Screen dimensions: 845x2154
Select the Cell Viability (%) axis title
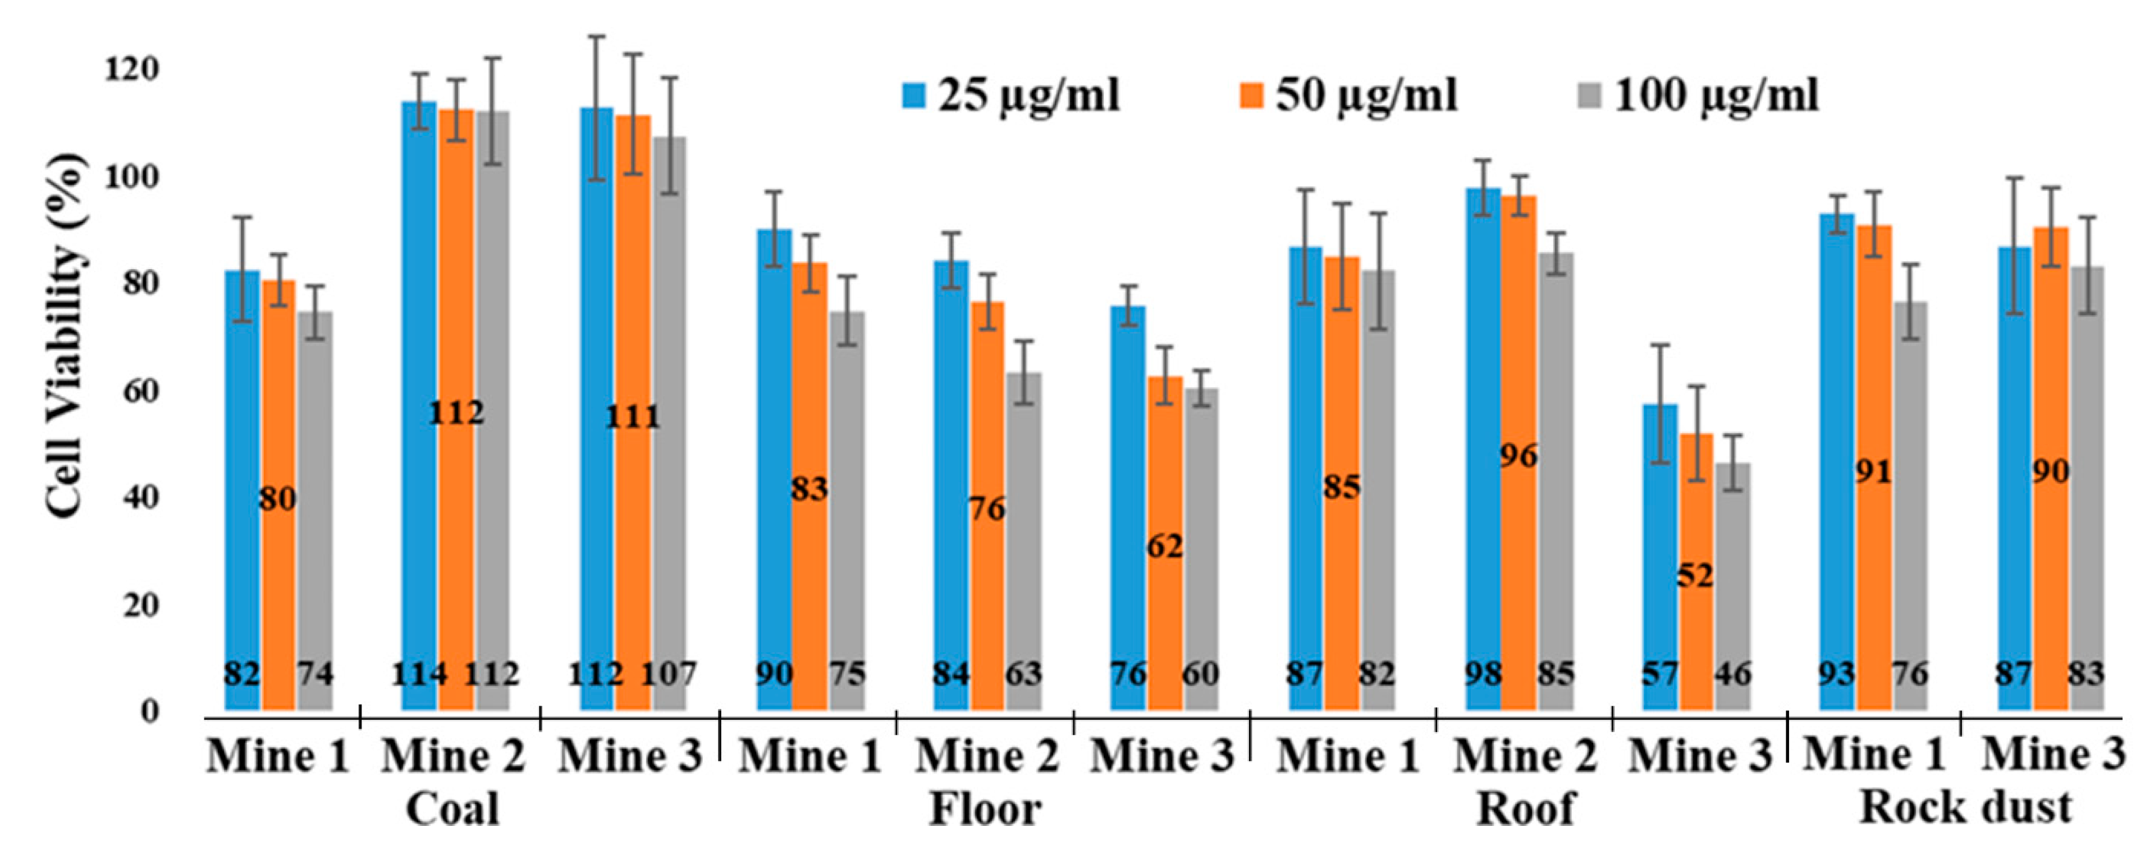coord(65,337)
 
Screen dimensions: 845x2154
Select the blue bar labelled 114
coord(419,376)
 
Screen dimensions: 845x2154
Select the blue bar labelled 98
coord(1483,419)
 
